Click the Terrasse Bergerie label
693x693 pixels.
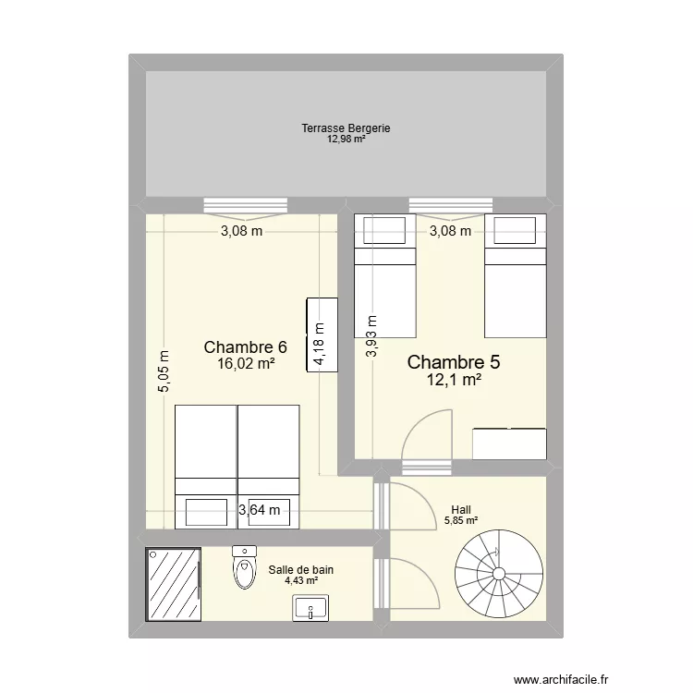coord(346,128)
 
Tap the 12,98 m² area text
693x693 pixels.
coord(346,140)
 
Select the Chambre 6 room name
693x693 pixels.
coord(245,347)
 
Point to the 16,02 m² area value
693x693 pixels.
coord(246,364)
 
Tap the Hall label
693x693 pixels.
coord(460,509)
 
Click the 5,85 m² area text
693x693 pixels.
coord(461,520)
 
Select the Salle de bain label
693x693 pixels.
coord(301,570)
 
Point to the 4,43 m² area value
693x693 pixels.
coord(301,581)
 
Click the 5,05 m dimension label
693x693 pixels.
coord(164,371)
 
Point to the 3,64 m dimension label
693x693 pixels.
coord(260,509)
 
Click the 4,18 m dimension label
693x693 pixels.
coord(319,345)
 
